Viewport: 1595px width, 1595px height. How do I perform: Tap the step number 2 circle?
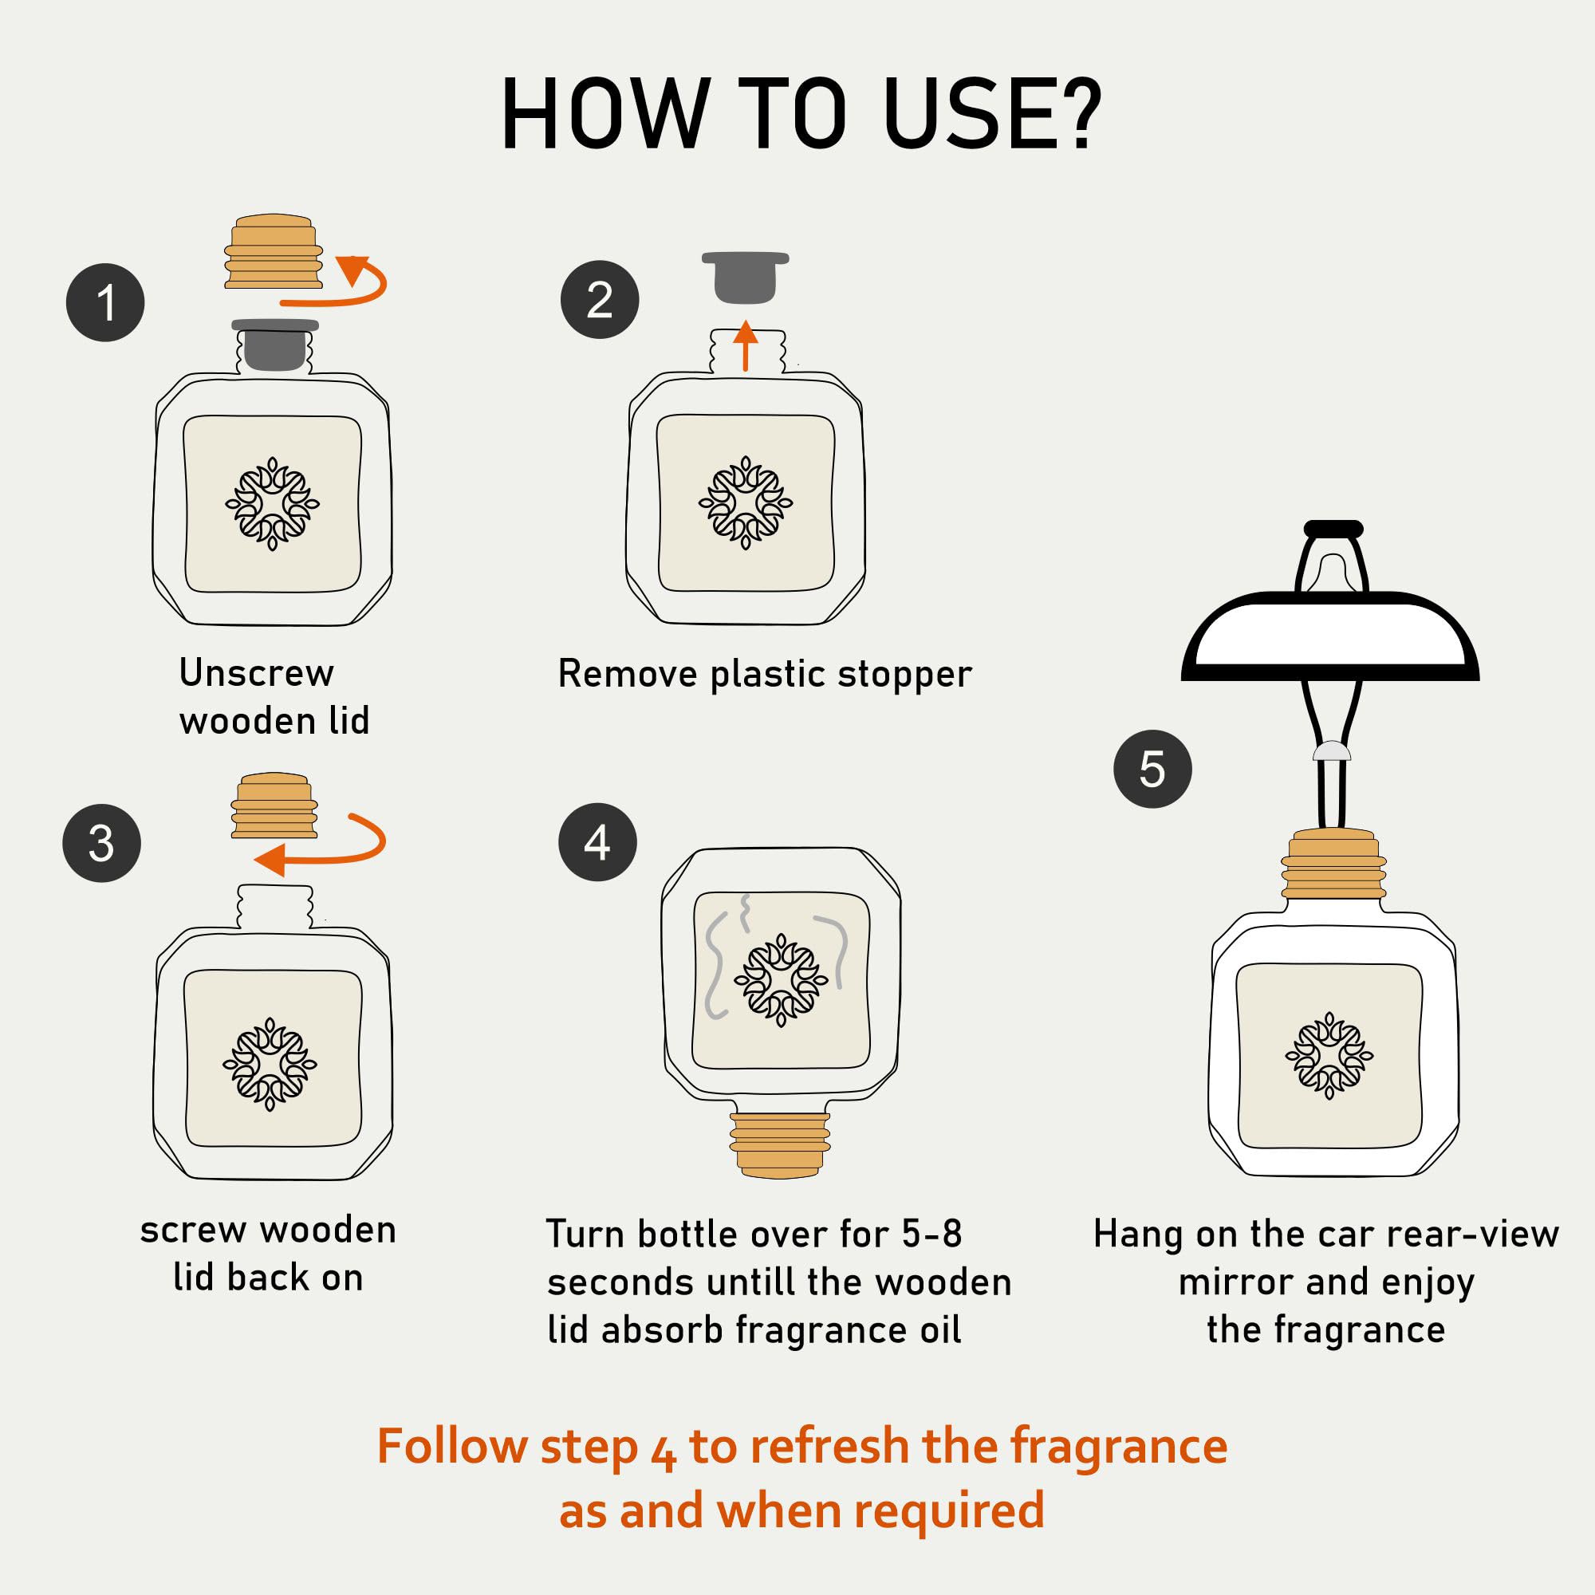600,299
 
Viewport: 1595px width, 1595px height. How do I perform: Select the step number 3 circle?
101,843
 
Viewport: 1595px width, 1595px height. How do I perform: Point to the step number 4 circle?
597,842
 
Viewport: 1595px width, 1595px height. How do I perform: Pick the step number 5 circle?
1152,769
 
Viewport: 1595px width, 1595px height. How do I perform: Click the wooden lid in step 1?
274,252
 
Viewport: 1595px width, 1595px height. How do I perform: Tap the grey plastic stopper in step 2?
745,278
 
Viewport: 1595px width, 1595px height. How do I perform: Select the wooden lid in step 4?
779,1144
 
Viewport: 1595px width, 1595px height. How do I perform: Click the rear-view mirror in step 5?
1330,636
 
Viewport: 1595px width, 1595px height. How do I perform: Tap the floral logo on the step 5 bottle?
1329,1055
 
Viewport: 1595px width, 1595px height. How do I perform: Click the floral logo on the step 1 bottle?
273,503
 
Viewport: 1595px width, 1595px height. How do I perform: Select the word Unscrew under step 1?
257,673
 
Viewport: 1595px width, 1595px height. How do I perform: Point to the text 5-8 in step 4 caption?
932,1235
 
